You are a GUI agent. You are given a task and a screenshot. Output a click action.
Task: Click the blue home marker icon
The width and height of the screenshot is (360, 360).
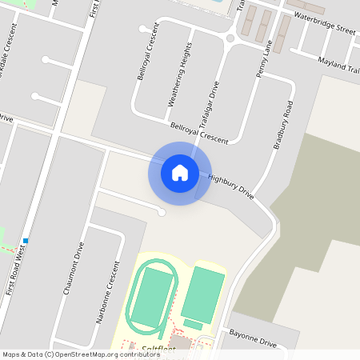(180, 173)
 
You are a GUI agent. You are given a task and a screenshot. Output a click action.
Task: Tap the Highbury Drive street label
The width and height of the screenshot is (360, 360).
(230, 186)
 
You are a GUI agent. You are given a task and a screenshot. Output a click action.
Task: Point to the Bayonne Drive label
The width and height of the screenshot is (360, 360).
(252, 342)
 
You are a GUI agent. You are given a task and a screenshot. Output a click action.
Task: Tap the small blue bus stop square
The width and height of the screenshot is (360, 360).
(26, 240)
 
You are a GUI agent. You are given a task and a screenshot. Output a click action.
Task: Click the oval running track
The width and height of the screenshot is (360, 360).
(150, 296)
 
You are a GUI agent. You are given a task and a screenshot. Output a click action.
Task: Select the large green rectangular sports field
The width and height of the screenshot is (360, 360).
(203, 294)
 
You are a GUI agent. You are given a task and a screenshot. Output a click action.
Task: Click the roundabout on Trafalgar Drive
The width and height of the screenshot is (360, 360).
(230, 37)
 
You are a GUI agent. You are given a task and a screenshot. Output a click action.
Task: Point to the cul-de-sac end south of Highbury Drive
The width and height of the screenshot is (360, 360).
(162, 212)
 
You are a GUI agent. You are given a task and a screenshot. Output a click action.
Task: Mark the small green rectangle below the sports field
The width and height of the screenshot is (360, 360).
(193, 325)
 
